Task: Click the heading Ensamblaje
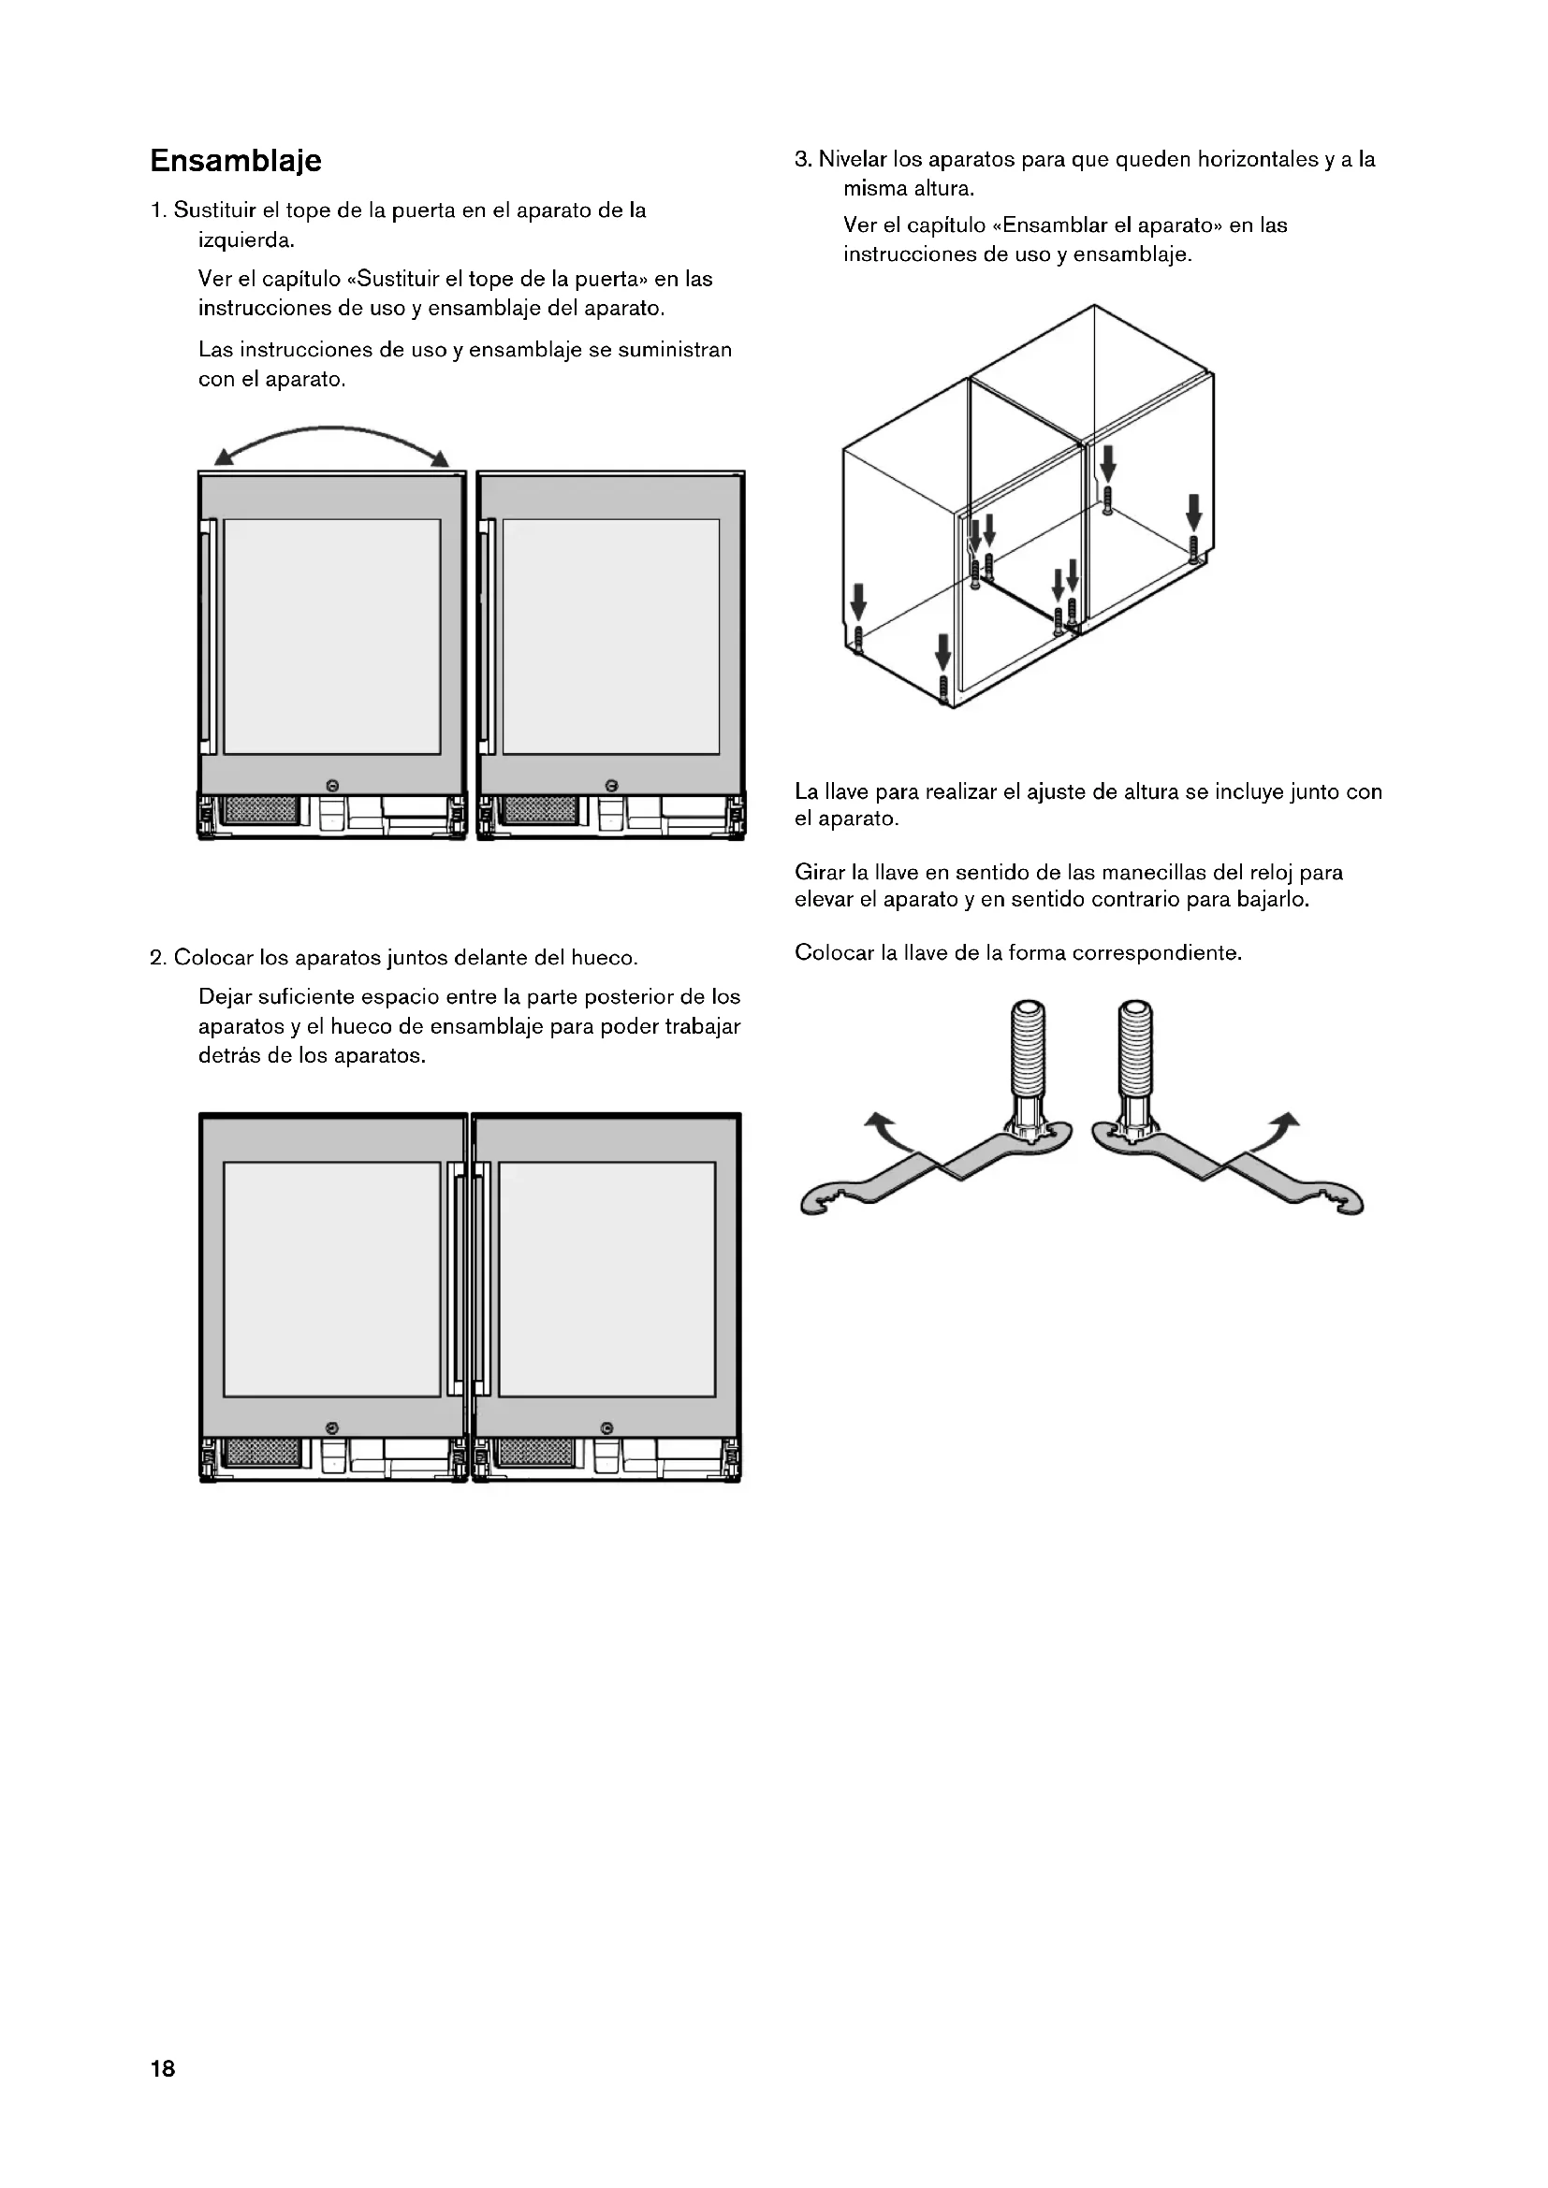coord(236,160)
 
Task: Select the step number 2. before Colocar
coord(158,958)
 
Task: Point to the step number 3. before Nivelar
coord(804,159)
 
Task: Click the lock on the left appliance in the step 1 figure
coord(331,784)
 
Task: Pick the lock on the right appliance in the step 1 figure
coord(611,784)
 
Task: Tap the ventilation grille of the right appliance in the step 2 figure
coord(537,1453)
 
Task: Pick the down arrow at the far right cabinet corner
coord(1192,512)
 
